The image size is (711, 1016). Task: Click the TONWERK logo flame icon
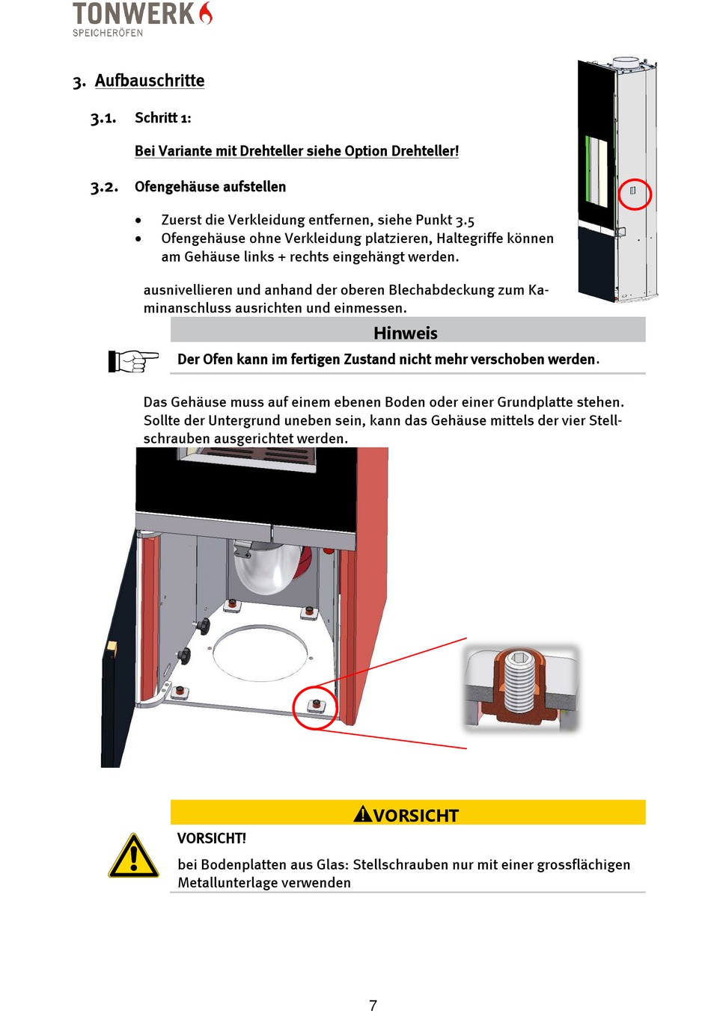[206, 13]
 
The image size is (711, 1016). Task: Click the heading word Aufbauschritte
[150, 81]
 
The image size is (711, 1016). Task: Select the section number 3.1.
[103, 118]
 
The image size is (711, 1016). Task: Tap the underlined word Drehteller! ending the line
[424, 151]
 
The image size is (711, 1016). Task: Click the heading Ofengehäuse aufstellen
[210, 187]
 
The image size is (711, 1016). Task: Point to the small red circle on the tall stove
[635, 194]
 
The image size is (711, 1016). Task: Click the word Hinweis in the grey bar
[406, 333]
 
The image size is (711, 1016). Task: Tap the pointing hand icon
[133, 360]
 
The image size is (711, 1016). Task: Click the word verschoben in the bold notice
[507, 360]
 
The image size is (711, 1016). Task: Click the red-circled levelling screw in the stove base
[316, 705]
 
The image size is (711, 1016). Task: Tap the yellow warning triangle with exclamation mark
[133, 857]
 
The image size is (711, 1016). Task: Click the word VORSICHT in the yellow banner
[415, 815]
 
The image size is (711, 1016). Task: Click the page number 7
[373, 1006]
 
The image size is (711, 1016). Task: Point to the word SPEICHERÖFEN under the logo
[108, 33]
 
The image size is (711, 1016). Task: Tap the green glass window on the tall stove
[597, 170]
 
